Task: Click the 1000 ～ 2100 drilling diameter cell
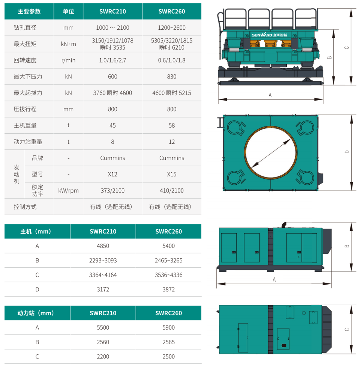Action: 112,28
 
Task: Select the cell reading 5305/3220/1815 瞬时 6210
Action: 172,44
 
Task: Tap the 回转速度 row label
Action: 25,60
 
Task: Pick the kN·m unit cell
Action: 68,44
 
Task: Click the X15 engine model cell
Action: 172,174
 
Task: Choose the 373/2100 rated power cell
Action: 112,191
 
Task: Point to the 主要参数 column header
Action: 29,11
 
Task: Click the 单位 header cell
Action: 68,11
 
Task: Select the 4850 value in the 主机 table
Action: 103,246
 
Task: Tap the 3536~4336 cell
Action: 169,275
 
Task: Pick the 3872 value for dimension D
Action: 169,289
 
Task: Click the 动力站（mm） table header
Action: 37,313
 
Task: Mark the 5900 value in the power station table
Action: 169,327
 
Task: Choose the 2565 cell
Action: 169,342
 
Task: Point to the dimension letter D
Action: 347,152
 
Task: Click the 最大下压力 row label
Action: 28,77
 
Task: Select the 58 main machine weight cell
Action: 172,125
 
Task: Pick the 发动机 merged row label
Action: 16,174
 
